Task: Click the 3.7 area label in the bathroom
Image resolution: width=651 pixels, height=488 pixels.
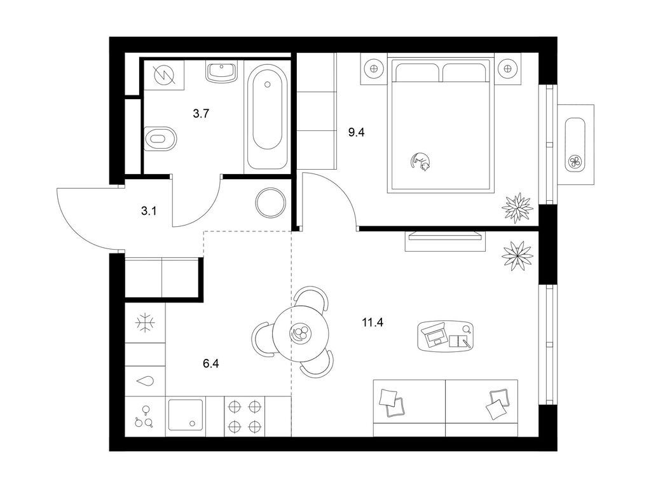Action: pos(201,113)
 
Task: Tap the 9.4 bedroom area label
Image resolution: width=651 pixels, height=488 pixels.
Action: pos(356,133)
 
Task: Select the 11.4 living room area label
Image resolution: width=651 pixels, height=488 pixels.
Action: pos(373,322)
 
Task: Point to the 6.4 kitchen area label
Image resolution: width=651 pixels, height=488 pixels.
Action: pos(211,364)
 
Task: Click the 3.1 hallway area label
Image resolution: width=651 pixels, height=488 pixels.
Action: pos(149,211)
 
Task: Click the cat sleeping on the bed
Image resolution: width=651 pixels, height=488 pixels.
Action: pos(420,161)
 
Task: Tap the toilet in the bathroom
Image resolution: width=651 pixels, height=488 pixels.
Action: pos(160,139)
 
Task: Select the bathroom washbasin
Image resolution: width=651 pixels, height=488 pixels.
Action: pos(222,72)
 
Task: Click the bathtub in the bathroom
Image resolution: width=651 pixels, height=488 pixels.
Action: pos(268,117)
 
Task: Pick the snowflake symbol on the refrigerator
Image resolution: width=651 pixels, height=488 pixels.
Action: pos(146,322)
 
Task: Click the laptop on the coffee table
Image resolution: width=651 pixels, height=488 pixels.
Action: pos(434,335)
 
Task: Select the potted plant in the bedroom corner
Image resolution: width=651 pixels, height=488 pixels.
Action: pos(517,208)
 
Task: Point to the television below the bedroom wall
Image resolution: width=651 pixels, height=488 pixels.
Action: pos(446,236)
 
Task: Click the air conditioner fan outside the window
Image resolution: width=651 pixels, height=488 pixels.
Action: pos(575,161)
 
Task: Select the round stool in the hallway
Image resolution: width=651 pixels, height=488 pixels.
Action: pos(271,203)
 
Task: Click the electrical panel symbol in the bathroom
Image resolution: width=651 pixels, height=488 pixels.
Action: pos(164,75)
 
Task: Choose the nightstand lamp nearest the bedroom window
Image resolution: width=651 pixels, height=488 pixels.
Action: pos(507,68)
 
